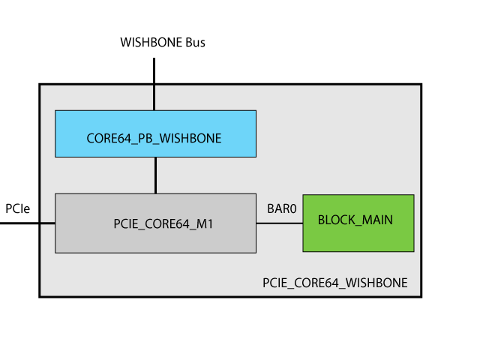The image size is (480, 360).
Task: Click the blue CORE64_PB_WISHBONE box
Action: coord(155,133)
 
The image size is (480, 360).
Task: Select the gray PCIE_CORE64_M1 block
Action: coord(155,223)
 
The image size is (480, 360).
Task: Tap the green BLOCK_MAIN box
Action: coord(358,223)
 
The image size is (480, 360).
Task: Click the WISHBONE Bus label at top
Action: coord(163,42)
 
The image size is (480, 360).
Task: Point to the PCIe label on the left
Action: coord(18,208)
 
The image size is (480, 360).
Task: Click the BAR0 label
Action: coord(282,208)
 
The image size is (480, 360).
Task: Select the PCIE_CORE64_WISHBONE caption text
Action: coord(335,283)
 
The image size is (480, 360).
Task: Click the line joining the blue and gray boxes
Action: coord(155,175)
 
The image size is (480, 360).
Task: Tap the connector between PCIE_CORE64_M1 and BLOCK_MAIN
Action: coord(280,223)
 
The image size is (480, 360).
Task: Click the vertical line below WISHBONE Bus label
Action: coord(154,84)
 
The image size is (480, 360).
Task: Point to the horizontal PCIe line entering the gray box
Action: coord(28,223)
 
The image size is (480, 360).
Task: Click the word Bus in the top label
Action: coord(195,42)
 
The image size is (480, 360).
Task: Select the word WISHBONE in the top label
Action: coord(151,42)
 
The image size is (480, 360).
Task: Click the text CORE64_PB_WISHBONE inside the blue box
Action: coord(154,138)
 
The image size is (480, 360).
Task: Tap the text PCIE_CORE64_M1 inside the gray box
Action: coord(163,224)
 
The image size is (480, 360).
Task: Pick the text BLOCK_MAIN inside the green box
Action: coord(355,220)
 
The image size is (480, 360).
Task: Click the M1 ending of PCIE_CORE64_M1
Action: coord(205,223)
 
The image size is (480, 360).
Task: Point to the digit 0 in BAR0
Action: coord(293,208)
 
